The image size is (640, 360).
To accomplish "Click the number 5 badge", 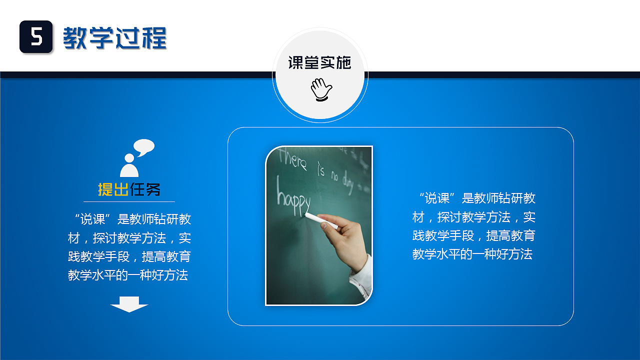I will tap(36, 37).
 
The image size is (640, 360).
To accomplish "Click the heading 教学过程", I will tap(114, 37).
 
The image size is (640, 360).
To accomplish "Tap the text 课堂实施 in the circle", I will tap(319, 62).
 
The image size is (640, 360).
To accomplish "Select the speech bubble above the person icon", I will tap(144, 147).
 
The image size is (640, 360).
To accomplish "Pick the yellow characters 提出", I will tap(113, 189).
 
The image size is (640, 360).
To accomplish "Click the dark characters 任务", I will tap(145, 189).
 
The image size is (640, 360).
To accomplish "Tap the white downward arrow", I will tap(129, 304).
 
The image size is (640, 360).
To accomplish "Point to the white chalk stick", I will tap(321, 220).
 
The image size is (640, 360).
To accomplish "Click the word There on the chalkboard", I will tap(293, 159).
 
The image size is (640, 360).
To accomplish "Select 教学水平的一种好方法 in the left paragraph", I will tap(128, 275).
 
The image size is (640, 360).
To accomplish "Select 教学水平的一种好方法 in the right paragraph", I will tap(472, 254).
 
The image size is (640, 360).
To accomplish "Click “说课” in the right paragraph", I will tap(437, 198).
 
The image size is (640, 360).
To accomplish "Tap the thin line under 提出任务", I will tap(129, 201).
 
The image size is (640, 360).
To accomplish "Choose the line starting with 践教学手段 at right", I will tap(473, 235).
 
